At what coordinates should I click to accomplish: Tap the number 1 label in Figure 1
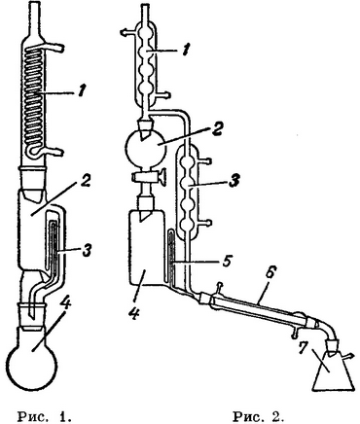tap(81, 91)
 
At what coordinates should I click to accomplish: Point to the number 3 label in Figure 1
tap(87, 250)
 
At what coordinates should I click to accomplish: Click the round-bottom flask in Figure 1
tap(33, 357)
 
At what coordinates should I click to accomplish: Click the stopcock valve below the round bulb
tap(149, 177)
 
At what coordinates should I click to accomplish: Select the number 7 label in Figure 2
tap(303, 347)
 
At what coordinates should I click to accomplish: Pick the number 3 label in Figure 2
tap(234, 181)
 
